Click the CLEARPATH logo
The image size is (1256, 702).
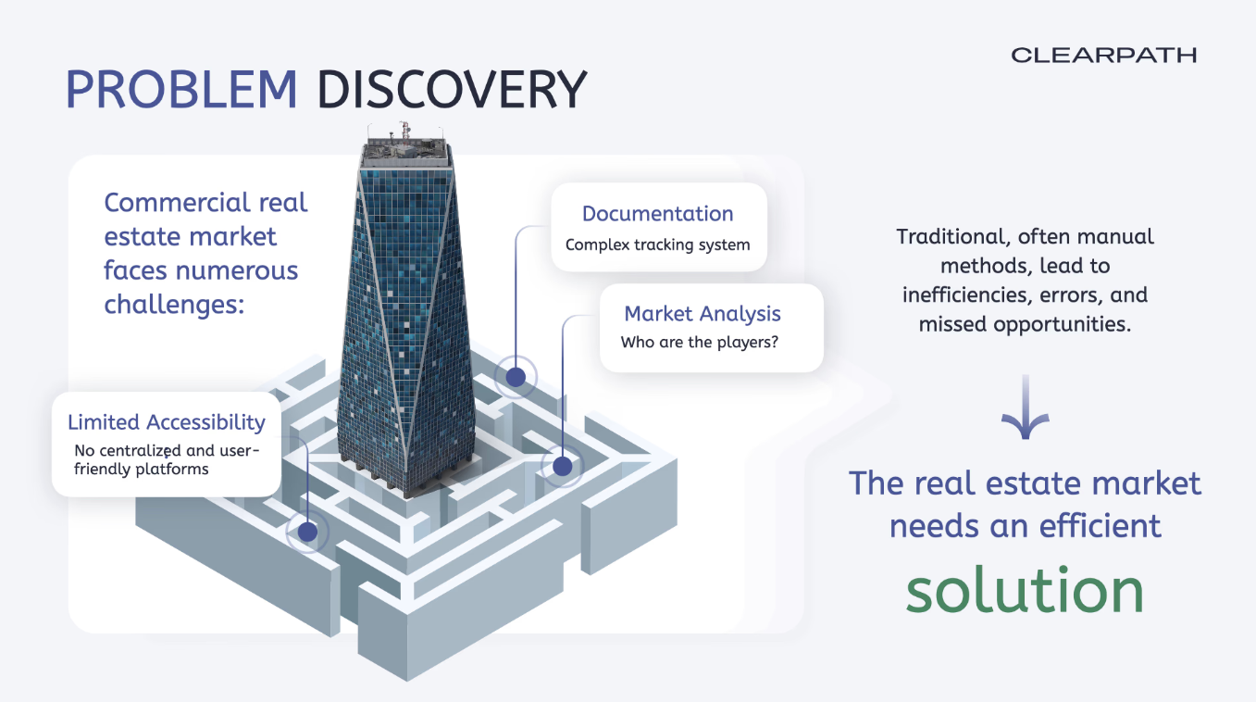pos(1103,56)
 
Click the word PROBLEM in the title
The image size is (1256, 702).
pos(181,90)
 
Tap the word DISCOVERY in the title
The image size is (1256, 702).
pos(452,90)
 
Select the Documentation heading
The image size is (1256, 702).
pos(657,214)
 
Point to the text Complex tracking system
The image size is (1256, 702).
pos(657,245)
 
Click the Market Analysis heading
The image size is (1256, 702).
pos(703,314)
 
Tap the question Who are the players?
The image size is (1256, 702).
pos(699,343)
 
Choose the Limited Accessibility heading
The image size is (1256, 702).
pos(167,423)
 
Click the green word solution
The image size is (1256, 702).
pos(1025,590)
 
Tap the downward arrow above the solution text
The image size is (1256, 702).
pos(1026,408)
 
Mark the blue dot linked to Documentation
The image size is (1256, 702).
pos(515,376)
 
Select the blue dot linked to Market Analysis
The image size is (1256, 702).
pos(562,466)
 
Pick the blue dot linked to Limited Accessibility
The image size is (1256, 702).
pos(306,531)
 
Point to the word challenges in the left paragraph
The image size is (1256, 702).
pos(173,305)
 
